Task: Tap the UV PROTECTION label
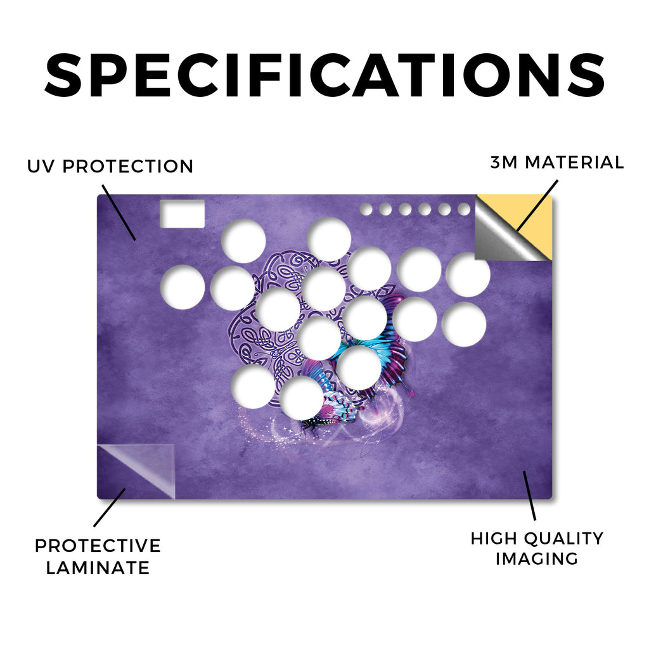click(x=110, y=167)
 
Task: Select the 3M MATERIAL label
click(x=556, y=162)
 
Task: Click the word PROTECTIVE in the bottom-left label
click(x=98, y=546)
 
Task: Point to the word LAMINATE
click(x=98, y=567)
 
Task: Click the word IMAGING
click(x=537, y=558)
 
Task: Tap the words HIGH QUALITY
click(x=537, y=539)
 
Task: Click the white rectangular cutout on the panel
click(x=183, y=214)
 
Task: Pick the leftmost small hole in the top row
click(x=366, y=209)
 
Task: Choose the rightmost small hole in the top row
click(x=464, y=209)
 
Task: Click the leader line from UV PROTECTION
click(x=119, y=213)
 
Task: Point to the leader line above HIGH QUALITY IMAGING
click(x=529, y=496)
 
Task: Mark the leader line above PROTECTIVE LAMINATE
click(x=109, y=508)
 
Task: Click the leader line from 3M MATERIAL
click(x=537, y=205)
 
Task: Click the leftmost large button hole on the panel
click(x=183, y=287)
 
